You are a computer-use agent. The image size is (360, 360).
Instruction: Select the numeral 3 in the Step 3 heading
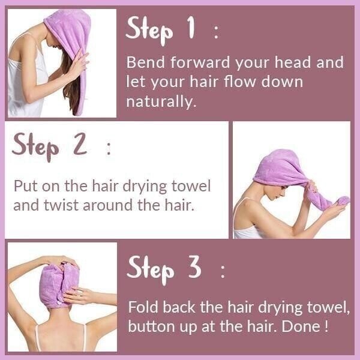[194, 268]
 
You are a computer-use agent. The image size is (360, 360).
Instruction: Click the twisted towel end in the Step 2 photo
[334, 202]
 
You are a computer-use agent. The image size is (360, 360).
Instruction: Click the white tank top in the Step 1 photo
[27, 90]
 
